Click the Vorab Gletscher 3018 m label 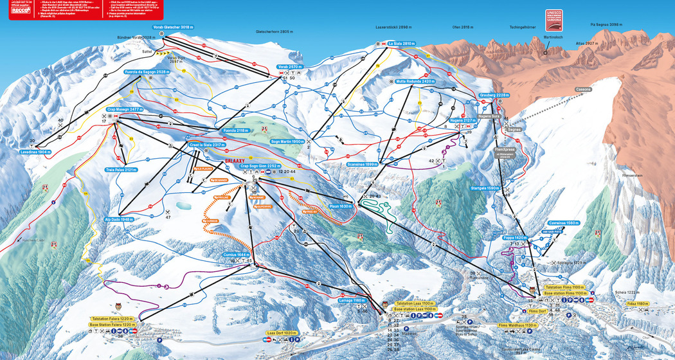tap(173, 28)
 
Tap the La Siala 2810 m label tap(403, 43)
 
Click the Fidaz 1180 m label tap(654, 303)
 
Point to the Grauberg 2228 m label tap(494, 95)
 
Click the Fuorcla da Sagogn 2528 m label tap(148, 73)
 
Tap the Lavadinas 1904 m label tap(35, 152)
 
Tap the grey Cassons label tap(583, 89)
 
